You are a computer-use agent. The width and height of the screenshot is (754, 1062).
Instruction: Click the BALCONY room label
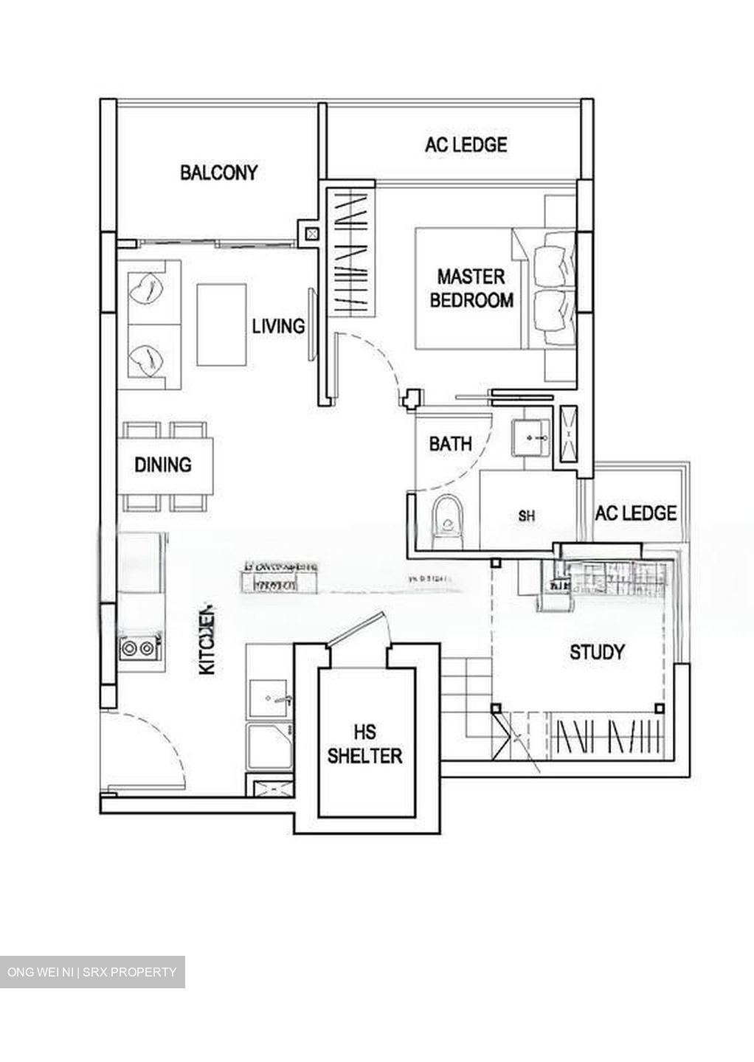(219, 173)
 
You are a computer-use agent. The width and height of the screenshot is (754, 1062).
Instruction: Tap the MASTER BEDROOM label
(471, 288)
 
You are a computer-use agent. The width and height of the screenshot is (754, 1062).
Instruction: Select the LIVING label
(278, 325)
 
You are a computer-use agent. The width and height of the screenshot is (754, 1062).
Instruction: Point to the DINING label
(163, 465)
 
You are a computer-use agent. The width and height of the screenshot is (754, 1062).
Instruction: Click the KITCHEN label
(208, 641)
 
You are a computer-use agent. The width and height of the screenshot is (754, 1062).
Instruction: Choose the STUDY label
(597, 652)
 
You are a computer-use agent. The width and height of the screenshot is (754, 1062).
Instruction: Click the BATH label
(450, 444)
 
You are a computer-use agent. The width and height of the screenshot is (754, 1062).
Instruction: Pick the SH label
(526, 516)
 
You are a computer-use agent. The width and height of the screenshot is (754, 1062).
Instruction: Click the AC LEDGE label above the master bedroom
(466, 145)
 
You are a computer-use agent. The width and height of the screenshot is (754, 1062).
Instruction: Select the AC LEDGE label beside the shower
(635, 513)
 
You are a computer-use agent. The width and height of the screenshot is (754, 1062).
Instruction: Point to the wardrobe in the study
(609, 737)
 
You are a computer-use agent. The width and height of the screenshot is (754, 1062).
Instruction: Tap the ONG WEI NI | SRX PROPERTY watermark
(92, 972)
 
